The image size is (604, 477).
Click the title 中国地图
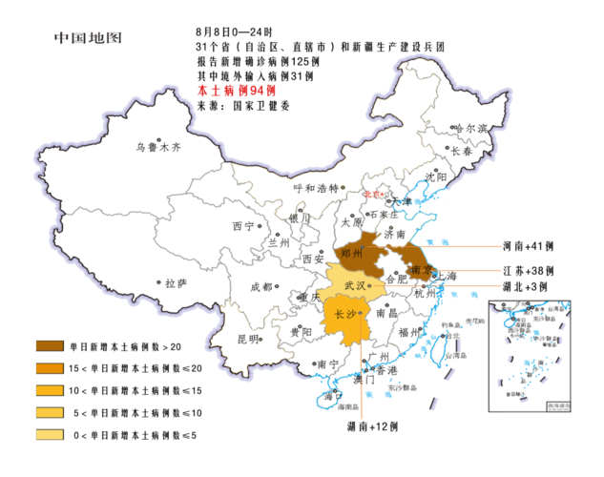click(x=88, y=39)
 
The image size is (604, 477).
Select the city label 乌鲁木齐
click(x=157, y=148)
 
